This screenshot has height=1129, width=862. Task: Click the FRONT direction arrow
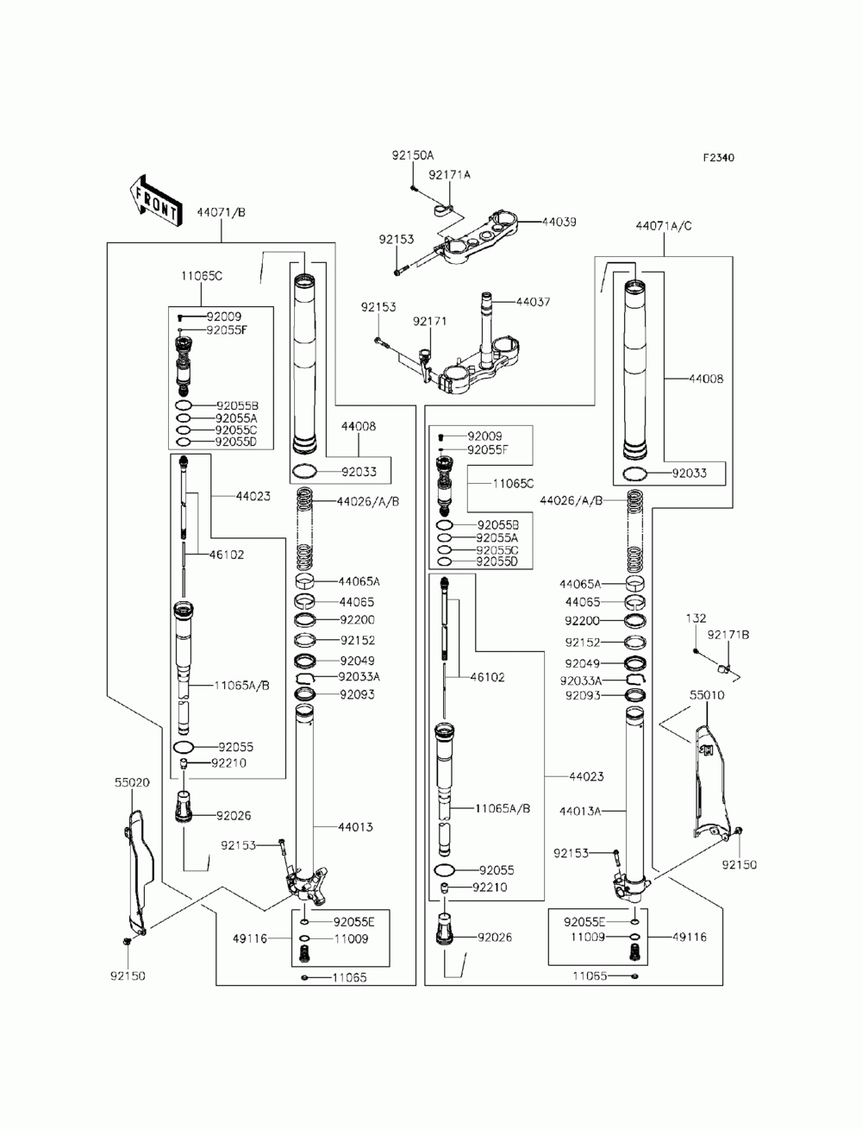click(x=154, y=201)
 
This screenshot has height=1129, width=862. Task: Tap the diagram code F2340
click(x=718, y=158)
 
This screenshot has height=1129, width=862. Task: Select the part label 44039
click(x=559, y=222)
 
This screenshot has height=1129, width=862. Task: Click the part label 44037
click(x=533, y=301)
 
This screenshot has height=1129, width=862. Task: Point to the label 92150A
click(x=413, y=155)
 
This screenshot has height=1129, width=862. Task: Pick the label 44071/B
click(x=221, y=212)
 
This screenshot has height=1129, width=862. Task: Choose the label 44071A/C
click(x=663, y=226)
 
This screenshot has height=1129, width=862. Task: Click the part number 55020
click(x=132, y=782)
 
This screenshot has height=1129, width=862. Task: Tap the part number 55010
click(x=707, y=695)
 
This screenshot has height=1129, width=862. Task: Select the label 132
click(x=696, y=618)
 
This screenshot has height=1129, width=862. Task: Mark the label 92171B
click(x=728, y=635)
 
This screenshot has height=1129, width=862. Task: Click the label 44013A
click(x=580, y=811)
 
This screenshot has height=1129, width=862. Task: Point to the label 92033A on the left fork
click(x=359, y=676)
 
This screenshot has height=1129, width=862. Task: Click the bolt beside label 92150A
click(x=413, y=189)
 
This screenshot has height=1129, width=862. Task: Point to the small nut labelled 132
click(x=696, y=651)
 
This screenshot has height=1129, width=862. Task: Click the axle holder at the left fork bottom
click(x=306, y=886)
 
